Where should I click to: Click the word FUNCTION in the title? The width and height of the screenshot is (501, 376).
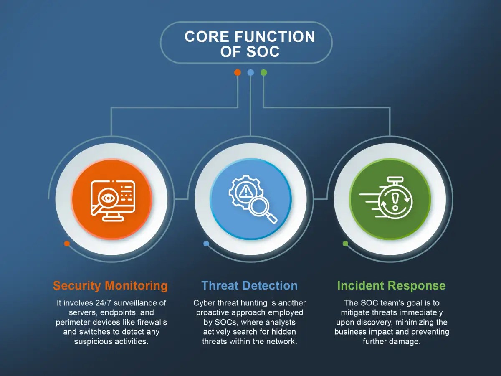pyautogui.click(x=275, y=36)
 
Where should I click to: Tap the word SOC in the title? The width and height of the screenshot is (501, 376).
pyautogui.click(x=263, y=51)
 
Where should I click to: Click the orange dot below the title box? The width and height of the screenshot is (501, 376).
pyautogui.click(x=238, y=72)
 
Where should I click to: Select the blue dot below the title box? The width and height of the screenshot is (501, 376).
pyautogui.click(x=250, y=72)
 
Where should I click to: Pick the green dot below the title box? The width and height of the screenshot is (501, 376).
pyautogui.click(x=263, y=72)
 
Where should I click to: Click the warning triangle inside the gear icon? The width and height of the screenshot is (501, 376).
pyautogui.click(x=245, y=191)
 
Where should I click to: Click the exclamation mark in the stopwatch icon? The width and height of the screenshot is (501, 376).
pyautogui.click(x=395, y=201)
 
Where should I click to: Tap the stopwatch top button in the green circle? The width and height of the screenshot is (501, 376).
pyautogui.click(x=395, y=180)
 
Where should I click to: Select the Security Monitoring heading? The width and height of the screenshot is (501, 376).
pyautogui.click(x=111, y=286)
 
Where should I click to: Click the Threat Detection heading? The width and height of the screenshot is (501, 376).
pyautogui.click(x=250, y=286)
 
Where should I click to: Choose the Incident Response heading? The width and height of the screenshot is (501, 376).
pyautogui.click(x=392, y=286)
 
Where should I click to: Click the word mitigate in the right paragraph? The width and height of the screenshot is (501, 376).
pyautogui.click(x=355, y=312)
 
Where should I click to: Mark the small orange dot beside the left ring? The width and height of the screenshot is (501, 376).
pyautogui.click(x=67, y=244)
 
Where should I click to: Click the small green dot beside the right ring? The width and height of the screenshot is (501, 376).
pyautogui.click(x=346, y=244)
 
